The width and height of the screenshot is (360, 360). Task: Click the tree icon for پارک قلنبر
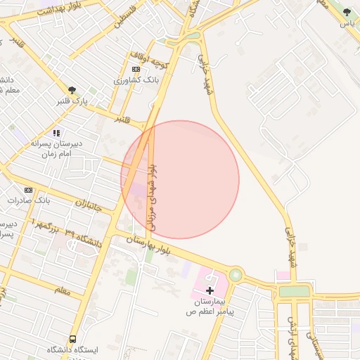[x=72, y=90]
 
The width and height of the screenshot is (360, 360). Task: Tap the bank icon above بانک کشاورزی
[x=136, y=69]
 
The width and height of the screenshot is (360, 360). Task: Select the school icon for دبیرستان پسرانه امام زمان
[x=56, y=132]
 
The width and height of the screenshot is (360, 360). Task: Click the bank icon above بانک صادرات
[x=28, y=190]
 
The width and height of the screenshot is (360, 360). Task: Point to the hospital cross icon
[x=210, y=290]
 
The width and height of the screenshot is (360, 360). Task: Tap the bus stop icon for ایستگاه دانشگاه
[x=72, y=340]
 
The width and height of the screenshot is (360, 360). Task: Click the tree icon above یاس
[x=346, y=12]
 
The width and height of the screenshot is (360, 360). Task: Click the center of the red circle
[x=180, y=179]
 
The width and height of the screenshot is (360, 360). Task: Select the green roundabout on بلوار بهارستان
[x=236, y=275]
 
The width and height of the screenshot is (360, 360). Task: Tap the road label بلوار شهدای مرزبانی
[x=153, y=199]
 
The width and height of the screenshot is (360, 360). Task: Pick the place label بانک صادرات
[x=30, y=200]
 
